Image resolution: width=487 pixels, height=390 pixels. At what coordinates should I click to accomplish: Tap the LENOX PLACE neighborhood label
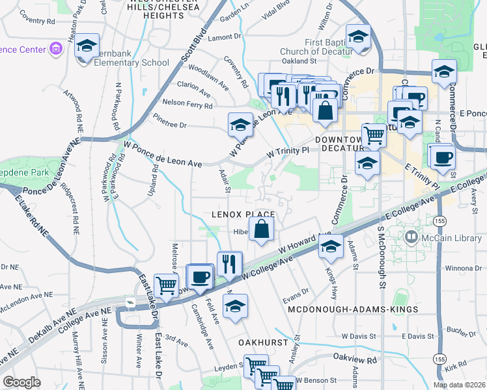point(242,214)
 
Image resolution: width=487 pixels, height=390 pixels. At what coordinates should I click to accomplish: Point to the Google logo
point(22,382)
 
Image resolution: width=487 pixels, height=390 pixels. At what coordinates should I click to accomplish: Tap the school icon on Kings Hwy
point(331,246)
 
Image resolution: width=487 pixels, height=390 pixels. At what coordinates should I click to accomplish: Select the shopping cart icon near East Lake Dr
point(167,284)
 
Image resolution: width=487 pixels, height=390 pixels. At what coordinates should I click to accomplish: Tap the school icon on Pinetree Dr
point(240,123)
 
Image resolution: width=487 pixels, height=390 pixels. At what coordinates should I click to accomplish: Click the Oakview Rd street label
point(355,359)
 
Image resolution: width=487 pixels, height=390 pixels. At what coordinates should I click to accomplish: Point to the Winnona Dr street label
point(462,267)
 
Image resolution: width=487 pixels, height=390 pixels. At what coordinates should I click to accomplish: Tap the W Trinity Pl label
point(286,152)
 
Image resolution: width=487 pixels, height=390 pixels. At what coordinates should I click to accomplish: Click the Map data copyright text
point(459,385)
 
